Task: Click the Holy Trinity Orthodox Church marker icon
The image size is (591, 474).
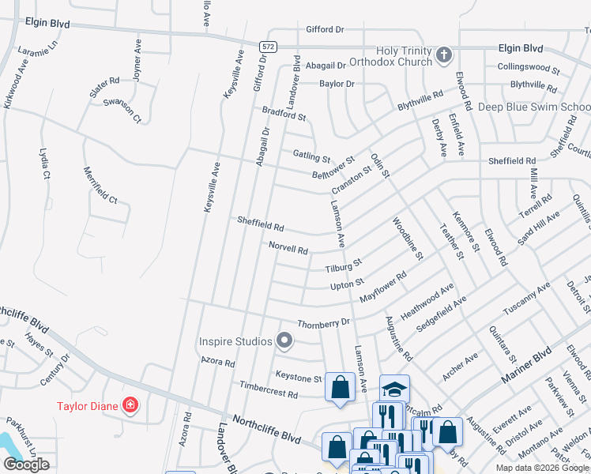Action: coord(444,55)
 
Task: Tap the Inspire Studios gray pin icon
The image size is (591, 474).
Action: coord(285,341)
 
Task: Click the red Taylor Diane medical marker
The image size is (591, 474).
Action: coord(130,407)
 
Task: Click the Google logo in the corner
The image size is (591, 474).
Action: coord(26,465)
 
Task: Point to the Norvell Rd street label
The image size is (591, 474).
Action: coord(288,248)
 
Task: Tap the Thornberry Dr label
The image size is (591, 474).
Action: coord(323,323)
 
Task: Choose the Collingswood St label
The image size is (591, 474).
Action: coord(529,68)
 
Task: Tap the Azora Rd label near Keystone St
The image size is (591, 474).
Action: coord(218,363)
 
